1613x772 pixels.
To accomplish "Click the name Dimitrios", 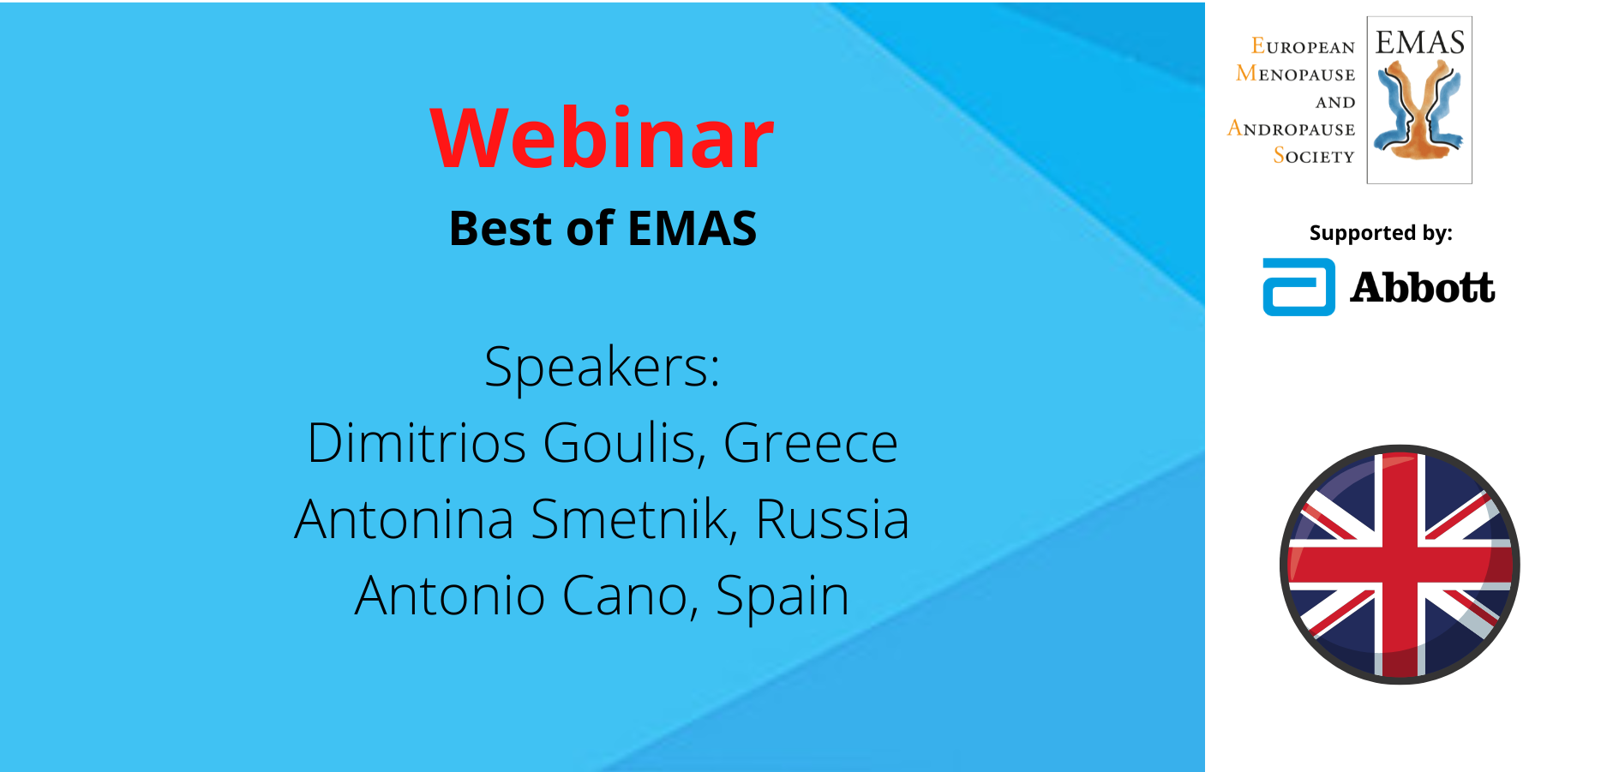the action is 417,443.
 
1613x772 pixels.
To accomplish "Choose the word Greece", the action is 810,444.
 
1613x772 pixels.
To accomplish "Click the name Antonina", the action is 405,519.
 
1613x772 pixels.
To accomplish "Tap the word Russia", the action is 832,519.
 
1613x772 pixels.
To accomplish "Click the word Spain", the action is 782,597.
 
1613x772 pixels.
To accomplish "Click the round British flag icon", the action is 1400,565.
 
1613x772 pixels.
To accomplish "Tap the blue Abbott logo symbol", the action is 1298,287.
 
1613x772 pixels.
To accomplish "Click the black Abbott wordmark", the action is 1423,287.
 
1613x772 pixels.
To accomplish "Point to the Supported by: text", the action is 1381,233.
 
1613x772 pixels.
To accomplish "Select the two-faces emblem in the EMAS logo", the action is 1419,111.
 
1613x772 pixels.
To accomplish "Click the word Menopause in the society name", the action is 1295,74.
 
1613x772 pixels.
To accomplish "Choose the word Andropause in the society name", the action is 1291,129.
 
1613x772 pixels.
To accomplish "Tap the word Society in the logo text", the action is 1314,156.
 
